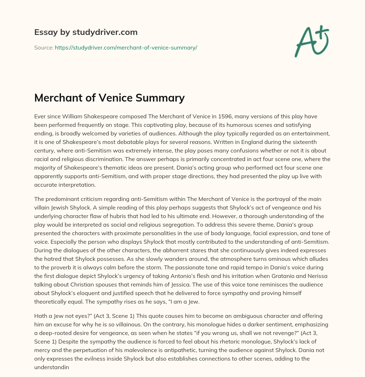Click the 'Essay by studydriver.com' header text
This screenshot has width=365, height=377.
click(86, 32)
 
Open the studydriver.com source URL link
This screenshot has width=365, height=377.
click(126, 47)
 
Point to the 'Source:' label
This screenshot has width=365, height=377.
click(43, 47)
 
